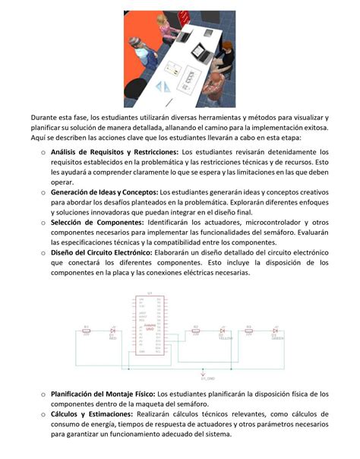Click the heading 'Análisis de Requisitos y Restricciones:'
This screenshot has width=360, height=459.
(114, 152)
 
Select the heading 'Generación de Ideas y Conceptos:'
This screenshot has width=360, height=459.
(104, 193)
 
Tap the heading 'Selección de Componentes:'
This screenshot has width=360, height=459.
(96, 222)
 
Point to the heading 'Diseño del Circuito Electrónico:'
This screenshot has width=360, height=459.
(102, 252)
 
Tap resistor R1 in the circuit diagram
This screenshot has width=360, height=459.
(87, 331)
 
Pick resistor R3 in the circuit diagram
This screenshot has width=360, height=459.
(248, 331)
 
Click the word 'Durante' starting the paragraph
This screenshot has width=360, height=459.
(45, 118)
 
